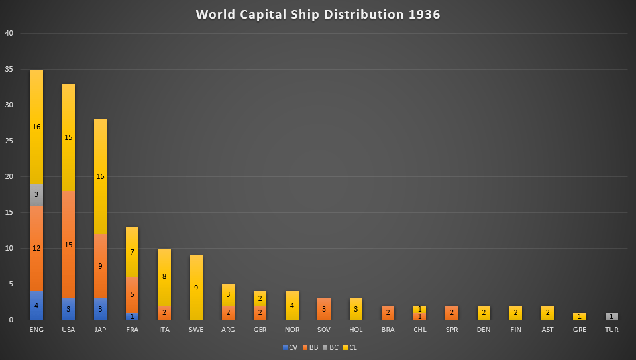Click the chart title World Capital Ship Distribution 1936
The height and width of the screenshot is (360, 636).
tap(318, 15)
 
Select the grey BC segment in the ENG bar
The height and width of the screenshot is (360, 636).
tap(36, 194)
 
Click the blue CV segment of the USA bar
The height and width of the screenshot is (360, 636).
tap(68, 309)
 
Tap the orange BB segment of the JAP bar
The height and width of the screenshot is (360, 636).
tap(100, 266)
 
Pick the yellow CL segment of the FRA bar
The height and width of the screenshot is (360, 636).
tap(132, 252)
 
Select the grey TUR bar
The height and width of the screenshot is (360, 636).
tap(611, 316)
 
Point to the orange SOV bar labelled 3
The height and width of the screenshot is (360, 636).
tap(324, 309)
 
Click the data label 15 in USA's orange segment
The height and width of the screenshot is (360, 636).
tap(68, 245)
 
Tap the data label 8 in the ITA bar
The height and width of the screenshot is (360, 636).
tap(164, 276)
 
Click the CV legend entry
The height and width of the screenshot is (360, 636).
tap(290, 347)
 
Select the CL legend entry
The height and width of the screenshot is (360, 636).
tap(349, 347)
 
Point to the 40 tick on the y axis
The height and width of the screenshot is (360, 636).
tap(9, 33)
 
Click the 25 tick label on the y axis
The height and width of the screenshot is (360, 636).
tap(9, 141)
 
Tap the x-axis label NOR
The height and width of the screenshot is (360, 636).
tap(292, 330)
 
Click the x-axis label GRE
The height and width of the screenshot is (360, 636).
tap(580, 330)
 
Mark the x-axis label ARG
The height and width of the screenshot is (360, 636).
tap(229, 330)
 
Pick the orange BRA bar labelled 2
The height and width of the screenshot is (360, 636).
tap(388, 312)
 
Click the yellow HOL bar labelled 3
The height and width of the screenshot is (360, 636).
tap(356, 309)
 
